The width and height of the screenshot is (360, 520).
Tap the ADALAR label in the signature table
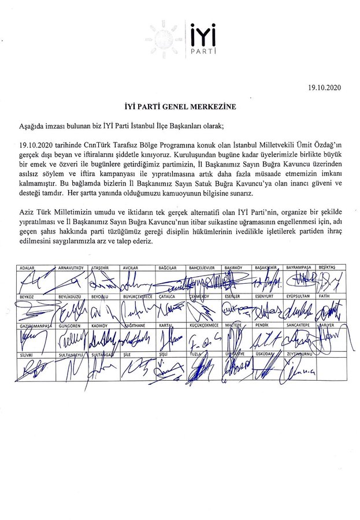tap(28, 268)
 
